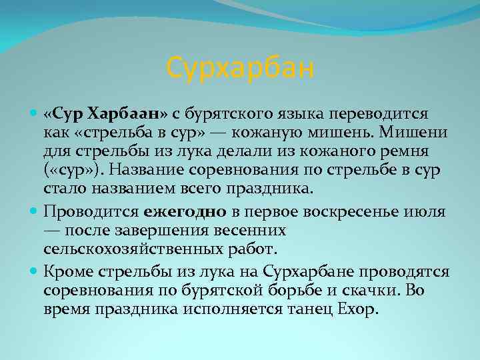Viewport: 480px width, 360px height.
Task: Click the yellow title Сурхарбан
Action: click(240, 68)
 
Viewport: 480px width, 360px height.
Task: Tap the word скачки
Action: click(365, 291)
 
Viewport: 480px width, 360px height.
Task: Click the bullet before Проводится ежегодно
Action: click(35, 213)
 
